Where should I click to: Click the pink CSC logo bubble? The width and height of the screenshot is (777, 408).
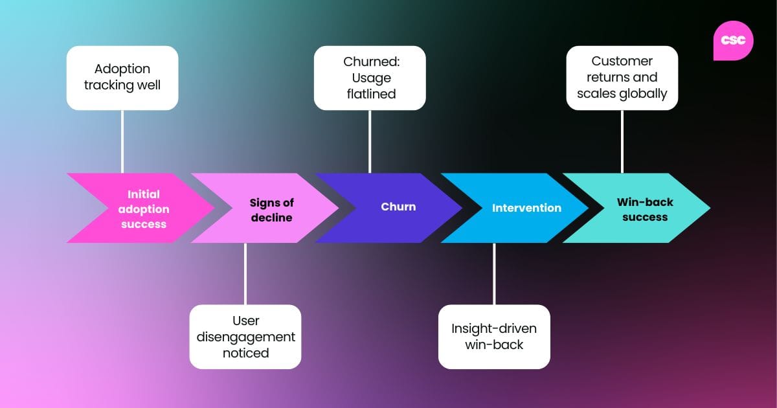coord(733,40)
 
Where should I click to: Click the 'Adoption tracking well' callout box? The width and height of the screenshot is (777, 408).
coord(122,78)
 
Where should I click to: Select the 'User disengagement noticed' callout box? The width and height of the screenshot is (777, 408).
coord(245,337)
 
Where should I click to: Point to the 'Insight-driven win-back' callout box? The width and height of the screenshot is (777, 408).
coord(494,337)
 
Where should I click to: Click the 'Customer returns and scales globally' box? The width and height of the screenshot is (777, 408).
coord(622,78)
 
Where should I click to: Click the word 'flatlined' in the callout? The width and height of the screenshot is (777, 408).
coord(370,95)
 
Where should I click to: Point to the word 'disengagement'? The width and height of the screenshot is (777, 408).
coord(245,337)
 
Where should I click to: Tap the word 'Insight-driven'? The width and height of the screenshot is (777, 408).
coord(494,328)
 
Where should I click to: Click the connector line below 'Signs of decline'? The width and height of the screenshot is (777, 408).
coord(245,273)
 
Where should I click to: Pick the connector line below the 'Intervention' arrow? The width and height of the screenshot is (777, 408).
coord(494,273)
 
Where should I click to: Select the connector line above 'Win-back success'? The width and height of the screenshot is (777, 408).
coord(622,141)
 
